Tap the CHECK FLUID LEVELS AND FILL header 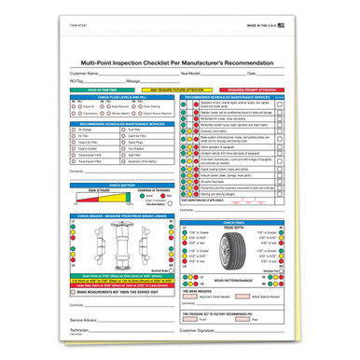click(117, 96)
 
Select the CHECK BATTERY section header click(117, 159)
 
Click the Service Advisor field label click(85, 320)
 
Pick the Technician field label click(82, 330)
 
